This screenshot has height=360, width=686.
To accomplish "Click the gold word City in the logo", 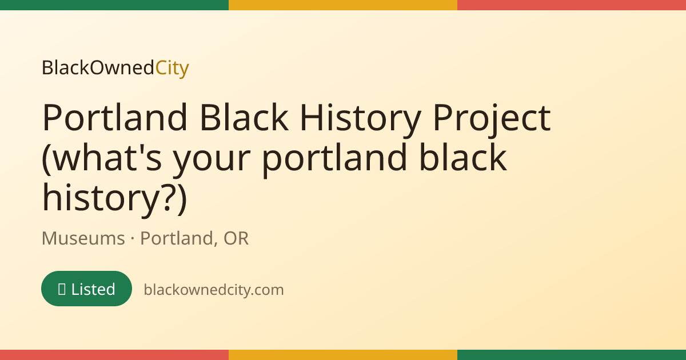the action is pos(172,68).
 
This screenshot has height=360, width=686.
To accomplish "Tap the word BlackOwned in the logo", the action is pos(98,67).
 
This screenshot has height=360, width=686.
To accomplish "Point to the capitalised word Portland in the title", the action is pos(114,117).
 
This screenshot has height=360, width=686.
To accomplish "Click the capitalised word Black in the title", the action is pos(244,117).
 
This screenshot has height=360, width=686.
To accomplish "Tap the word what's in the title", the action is pos(101,157).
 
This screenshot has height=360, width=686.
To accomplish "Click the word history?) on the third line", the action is pos(114,198).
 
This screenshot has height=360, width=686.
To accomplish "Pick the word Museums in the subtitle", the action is pos(83,238).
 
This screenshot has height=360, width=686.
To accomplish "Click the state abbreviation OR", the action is pos(236,238).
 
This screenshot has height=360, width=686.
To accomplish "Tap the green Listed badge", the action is pos(87,289).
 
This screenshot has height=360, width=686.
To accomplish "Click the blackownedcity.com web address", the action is pos(214,290).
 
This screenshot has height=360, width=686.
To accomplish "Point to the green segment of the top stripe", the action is pos(114,5).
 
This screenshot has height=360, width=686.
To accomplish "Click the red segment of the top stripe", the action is pos(572,5).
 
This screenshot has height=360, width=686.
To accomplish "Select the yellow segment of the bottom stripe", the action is pos(343,355).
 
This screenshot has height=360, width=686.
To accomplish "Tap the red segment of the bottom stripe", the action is pos(114,355).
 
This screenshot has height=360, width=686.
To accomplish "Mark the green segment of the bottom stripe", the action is pos(572,355).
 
